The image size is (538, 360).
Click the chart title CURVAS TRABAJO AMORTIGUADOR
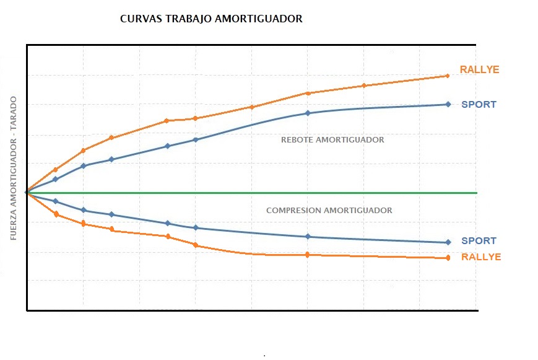click(211, 19)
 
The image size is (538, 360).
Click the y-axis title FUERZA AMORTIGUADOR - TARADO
click(14, 168)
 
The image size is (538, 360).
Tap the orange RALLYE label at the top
click(479, 70)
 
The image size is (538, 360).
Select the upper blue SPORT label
click(479, 105)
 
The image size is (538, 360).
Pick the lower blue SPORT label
click(479, 241)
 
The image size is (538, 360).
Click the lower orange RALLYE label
click(481, 257)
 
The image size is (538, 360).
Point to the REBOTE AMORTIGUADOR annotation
click(332, 140)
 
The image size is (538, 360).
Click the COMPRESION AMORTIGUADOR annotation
click(329, 211)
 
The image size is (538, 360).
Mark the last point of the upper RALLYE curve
click(447, 76)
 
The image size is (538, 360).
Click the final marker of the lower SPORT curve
click(447, 242)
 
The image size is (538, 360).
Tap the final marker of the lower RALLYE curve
click(447, 258)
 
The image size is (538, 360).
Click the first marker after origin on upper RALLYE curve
click(55, 169)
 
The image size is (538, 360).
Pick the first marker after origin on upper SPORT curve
click(55, 179)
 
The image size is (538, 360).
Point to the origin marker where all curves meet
click(27, 193)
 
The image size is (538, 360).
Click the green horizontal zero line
click(371, 193)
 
